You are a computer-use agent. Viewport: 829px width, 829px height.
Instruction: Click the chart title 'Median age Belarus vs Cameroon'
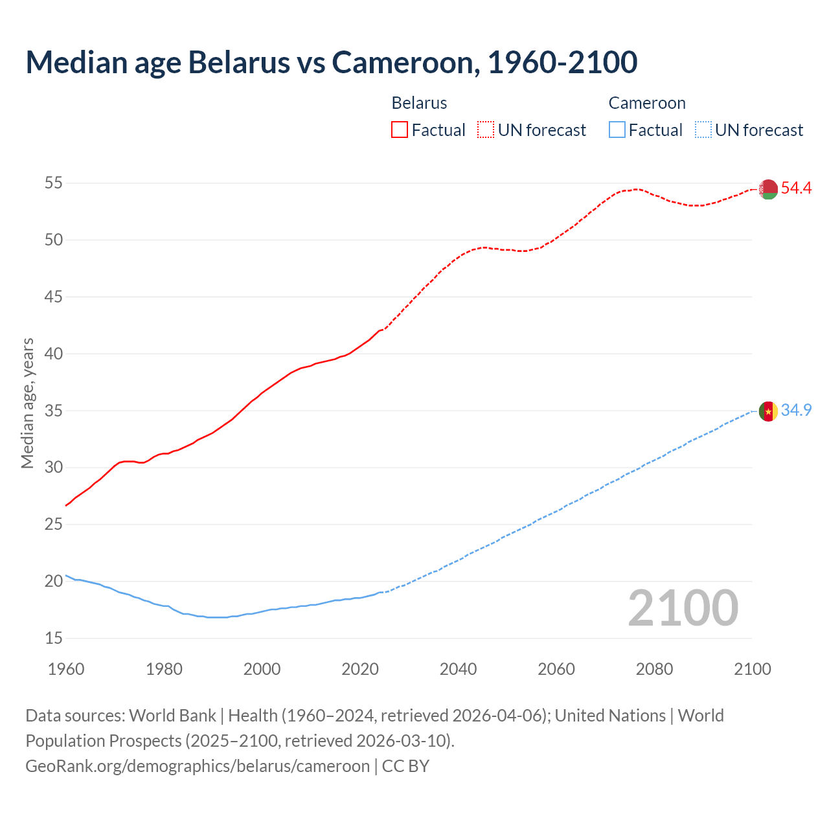(331, 62)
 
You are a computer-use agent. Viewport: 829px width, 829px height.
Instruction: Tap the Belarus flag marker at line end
(768, 189)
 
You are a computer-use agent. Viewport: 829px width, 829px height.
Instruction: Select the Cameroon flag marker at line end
(768, 411)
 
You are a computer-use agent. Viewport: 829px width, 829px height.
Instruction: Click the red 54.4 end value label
(796, 188)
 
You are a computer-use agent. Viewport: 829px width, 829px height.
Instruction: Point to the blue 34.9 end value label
(796, 411)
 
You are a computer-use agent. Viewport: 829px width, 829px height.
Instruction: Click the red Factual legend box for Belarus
(400, 130)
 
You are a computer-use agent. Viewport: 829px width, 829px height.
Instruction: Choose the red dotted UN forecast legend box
(486, 130)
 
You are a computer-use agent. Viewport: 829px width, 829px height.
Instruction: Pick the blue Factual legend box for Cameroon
(617, 130)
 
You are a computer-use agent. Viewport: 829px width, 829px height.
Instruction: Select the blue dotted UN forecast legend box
(703, 130)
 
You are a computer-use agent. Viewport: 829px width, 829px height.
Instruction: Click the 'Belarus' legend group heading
(419, 103)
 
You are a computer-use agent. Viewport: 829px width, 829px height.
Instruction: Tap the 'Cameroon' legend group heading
(646, 103)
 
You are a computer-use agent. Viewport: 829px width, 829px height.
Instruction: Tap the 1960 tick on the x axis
(66, 669)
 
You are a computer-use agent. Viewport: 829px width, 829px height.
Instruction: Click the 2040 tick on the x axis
(458, 669)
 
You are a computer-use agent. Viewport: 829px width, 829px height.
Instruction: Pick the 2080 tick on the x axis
(654, 669)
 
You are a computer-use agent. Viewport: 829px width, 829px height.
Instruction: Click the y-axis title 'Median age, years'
(27, 403)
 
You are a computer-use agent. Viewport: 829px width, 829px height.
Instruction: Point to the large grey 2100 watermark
(683, 608)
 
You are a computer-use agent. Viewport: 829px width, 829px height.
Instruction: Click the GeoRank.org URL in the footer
(198, 766)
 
